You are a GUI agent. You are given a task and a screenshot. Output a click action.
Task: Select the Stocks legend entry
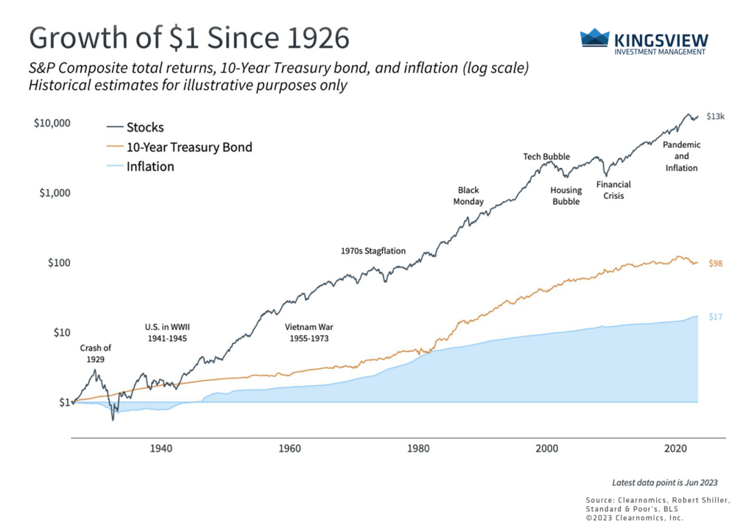pyautogui.click(x=145, y=127)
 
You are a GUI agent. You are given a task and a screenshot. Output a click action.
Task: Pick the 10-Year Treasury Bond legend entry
pyautogui.click(x=189, y=147)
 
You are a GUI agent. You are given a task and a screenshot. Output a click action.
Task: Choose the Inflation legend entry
pyautogui.click(x=150, y=166)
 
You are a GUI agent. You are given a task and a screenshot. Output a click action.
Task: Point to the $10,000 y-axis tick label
pyautogui.click(x=52, y=122)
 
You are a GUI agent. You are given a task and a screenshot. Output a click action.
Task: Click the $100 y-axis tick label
pyautogui.click(x=57, y=263)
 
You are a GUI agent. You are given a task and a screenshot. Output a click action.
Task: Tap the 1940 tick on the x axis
pyautogui.click(x=161, y=449)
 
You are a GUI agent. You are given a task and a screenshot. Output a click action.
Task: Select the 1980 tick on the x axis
pyautogui.click(x=418, y=449)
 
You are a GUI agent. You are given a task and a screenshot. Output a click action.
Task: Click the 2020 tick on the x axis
pyautogui.click(x=676, y=449)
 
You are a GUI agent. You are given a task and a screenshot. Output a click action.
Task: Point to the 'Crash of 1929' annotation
pyautogui.click(x=95, y=354)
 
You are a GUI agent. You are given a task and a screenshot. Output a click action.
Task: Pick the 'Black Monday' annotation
pyautogui.click(x=469, y=196)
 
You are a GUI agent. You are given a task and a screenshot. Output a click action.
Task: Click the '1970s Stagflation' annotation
pyautogui.click(x=373, y=250)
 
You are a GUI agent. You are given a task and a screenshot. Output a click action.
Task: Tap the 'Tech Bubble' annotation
pyautogui.click(x=546, y=157)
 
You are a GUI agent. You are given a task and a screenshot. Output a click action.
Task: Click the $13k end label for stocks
pyautogui.click(x=715, y=116)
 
